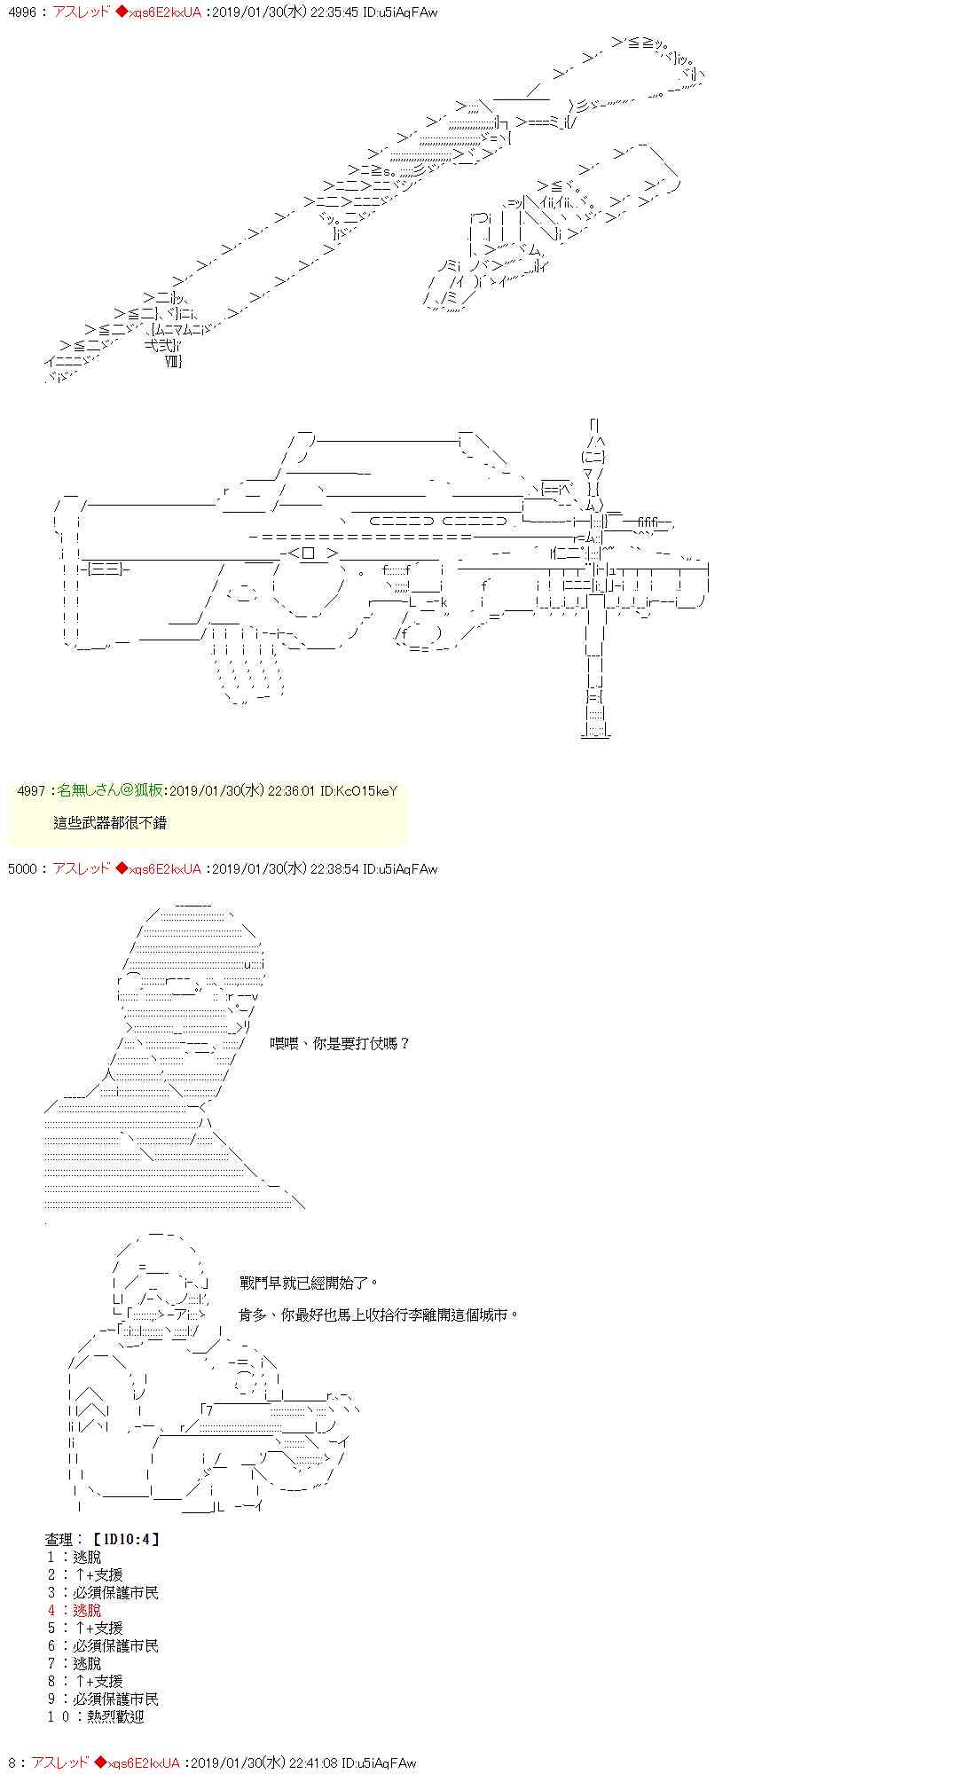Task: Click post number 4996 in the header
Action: tap(20, 12)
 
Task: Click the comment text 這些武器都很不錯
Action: tap(110, 822)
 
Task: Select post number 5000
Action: tap(22, 868)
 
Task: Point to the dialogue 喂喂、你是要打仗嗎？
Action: tap(341, 1043)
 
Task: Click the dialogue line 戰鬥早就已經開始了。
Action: tap(309, 1283)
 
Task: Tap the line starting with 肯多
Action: tap(379, 1315)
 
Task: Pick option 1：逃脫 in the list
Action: tap(75, 1557)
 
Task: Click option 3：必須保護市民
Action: tap(103, 1592)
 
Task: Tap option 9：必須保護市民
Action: tap(103, 1699)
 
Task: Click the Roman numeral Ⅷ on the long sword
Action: tap(173, 361)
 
